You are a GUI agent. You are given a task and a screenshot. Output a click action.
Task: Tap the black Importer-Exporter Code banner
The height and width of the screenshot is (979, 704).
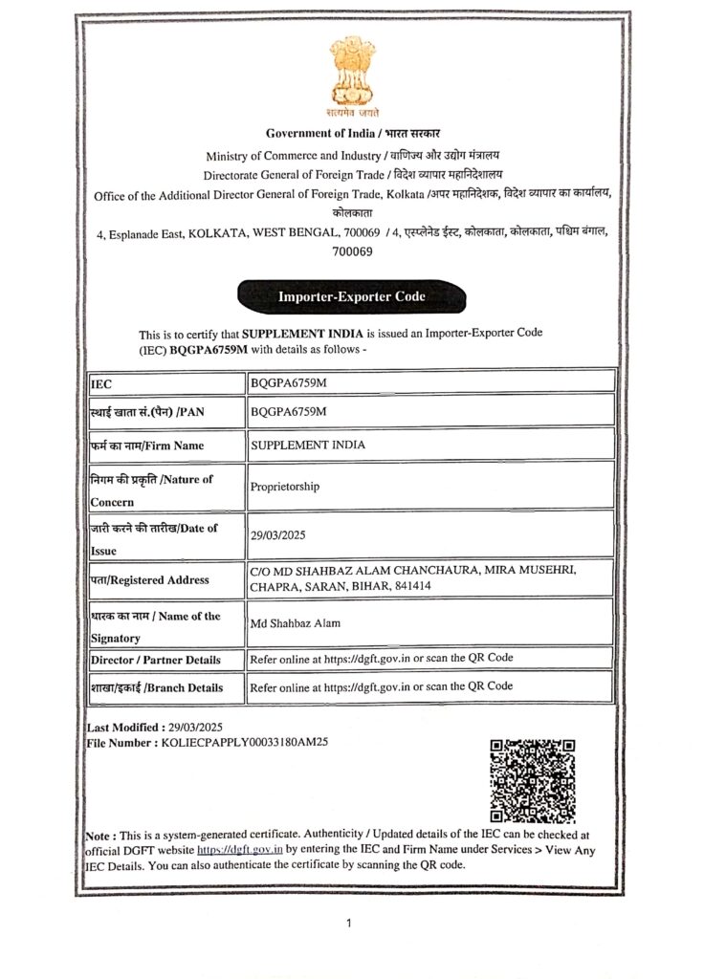[x=352, y=296]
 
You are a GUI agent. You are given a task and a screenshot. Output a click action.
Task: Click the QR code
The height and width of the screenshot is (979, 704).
[x=532, y=780]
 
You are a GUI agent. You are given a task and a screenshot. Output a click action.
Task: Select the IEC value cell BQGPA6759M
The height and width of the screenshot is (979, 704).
[x=288, y=383]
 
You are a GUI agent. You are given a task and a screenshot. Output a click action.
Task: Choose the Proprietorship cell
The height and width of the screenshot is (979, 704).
[x=285, y=487]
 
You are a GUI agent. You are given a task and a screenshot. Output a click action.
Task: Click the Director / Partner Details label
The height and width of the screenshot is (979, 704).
[x=156, y=660]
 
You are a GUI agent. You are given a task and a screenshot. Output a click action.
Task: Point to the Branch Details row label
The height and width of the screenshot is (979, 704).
[x=157, y=687]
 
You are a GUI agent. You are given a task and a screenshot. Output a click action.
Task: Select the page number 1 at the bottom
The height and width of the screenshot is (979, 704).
[x=349, y=924]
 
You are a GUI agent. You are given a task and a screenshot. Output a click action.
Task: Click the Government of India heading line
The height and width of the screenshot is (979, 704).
[x=353, y=133]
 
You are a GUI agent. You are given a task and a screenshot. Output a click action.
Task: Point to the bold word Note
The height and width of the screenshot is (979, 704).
[x=101, y=835]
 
